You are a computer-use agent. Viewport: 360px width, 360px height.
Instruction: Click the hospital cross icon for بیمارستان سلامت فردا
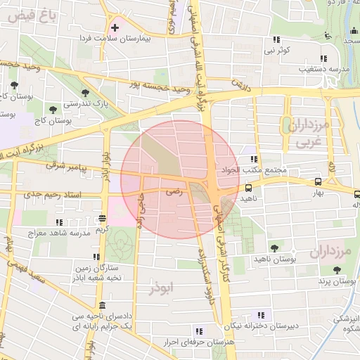point(115,27)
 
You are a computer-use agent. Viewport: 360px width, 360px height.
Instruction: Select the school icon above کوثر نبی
point(277,40)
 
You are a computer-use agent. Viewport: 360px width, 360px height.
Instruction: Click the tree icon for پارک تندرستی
point(85,93)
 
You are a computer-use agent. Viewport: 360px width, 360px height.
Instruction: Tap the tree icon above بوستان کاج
point(53,109)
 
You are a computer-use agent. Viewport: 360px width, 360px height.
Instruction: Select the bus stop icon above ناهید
point(249,188)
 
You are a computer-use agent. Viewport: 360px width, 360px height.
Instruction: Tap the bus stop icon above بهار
point(319,181)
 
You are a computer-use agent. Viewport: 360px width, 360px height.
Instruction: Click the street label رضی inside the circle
point(173,191)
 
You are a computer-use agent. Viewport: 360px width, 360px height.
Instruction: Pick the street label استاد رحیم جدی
point(53,193)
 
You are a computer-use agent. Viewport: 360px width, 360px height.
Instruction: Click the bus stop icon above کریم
point(103,218)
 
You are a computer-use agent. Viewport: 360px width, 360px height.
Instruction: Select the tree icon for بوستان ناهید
point(274,248)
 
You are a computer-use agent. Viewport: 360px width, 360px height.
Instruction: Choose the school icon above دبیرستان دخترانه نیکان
point(262,314)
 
